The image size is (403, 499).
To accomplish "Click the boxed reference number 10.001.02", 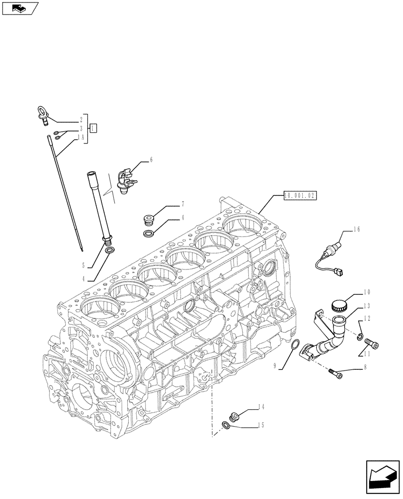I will (300, 196).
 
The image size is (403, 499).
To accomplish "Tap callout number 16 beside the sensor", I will (356, 230).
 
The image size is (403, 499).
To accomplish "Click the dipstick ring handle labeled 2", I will (42, 114).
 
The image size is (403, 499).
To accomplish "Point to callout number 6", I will (151, 160).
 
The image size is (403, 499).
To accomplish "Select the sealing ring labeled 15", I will (226, 425).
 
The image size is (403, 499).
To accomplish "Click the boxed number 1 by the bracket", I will (93, 128).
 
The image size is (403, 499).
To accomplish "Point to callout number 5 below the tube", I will (84, 265).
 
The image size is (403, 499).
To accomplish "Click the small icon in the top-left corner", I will (19, 7).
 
